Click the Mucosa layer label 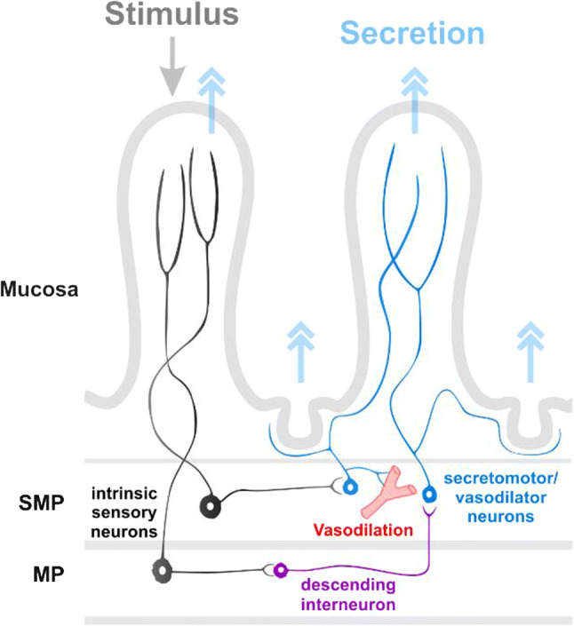38,289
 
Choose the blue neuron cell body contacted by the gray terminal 348,487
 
